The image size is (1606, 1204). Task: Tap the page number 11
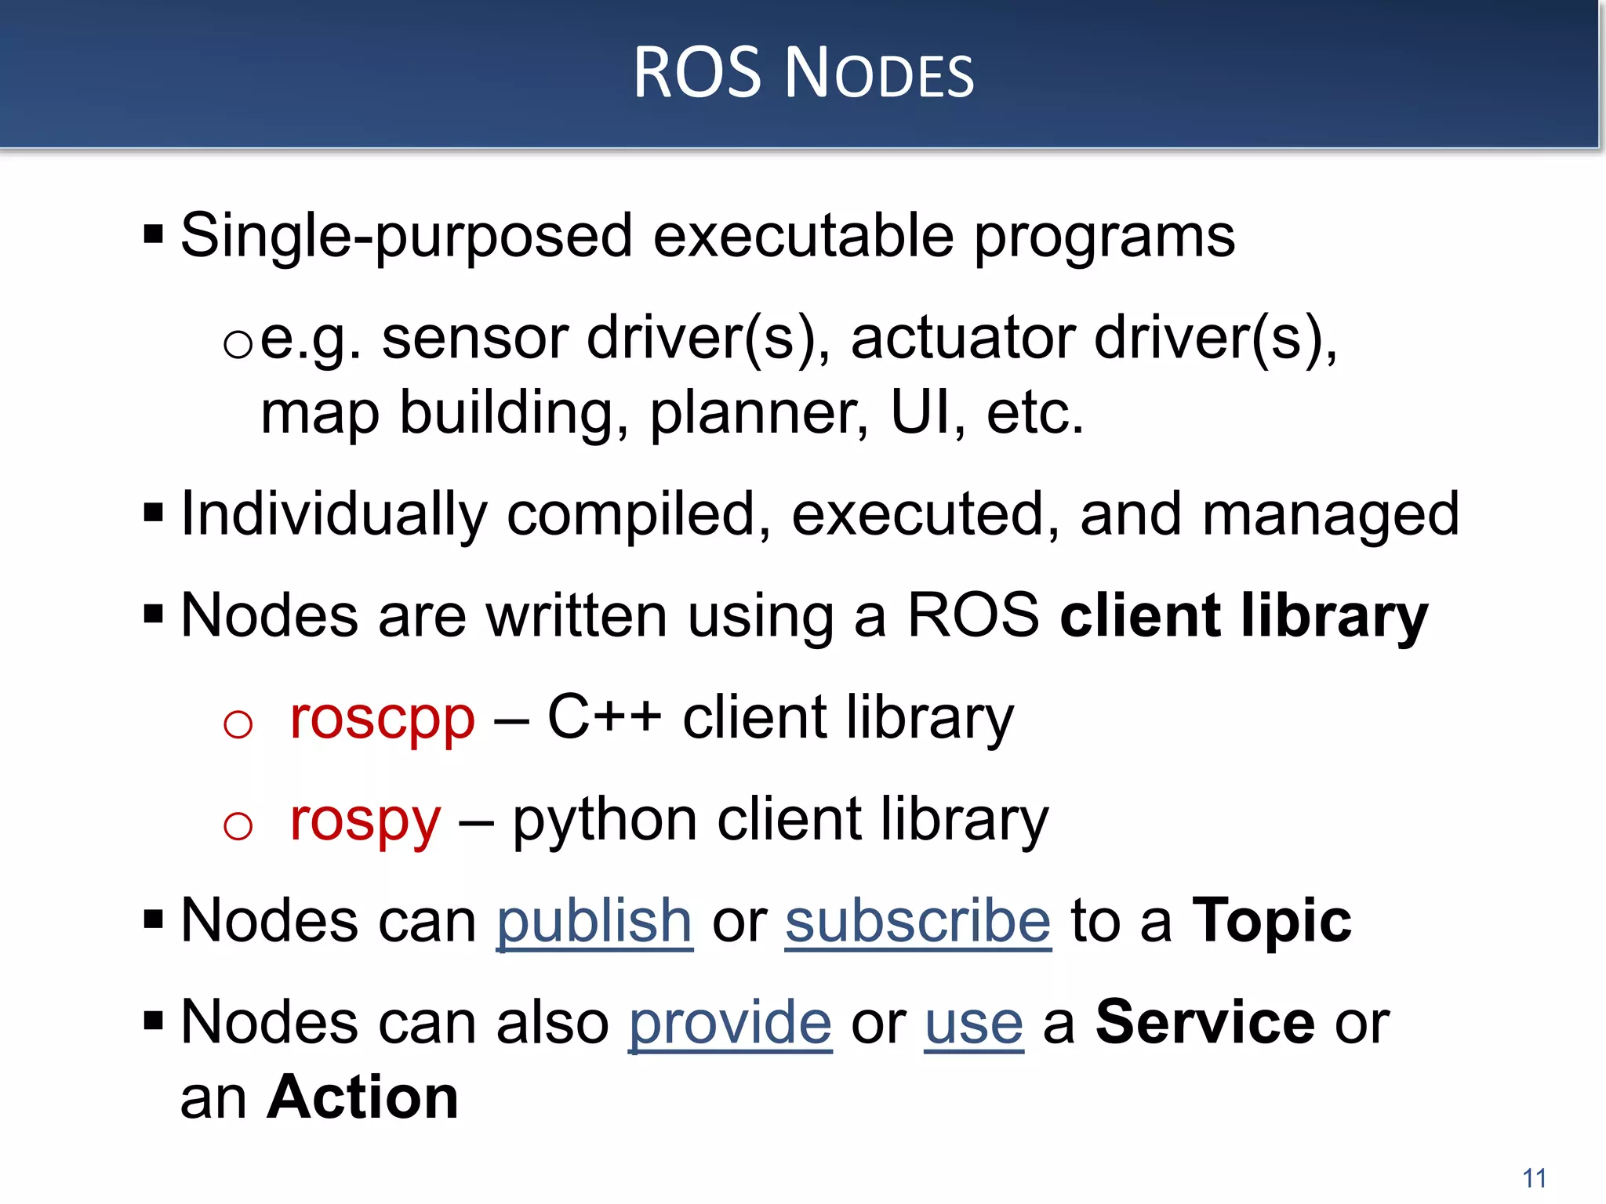1534,1178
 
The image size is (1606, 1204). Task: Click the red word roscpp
382,718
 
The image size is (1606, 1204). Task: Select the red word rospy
365,820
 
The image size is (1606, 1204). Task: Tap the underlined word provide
730,1023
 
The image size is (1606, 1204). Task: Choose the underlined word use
974,1023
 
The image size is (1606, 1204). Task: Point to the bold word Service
1205,1023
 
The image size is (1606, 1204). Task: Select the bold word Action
362,1097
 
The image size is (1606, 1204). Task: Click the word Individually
334,515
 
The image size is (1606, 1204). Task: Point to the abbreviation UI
919,412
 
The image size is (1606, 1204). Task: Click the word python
605,821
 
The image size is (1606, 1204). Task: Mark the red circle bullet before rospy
238,825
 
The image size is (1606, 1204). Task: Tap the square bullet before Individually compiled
154,514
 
